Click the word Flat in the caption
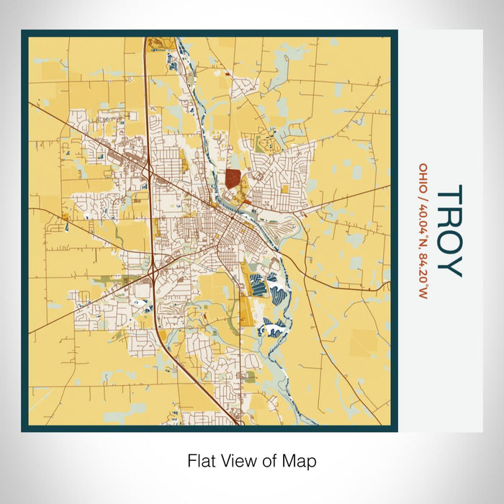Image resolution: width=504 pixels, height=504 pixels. point(202,460)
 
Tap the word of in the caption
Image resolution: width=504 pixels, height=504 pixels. point(269,460)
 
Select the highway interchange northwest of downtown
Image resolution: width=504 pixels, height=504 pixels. point(147,171)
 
